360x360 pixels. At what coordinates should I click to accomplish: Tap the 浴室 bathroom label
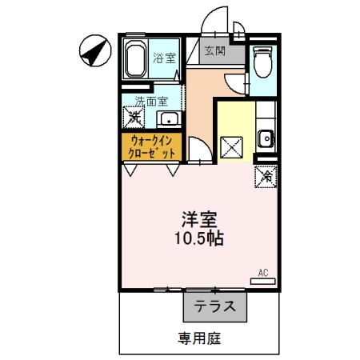click(x=164, y=58)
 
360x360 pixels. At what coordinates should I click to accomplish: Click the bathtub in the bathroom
click(x=135, y=58)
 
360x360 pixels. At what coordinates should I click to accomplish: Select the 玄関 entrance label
click(x=214, y=51)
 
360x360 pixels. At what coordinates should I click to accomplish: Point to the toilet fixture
click(x=262, y=61)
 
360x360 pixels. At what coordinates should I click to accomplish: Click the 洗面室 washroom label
click(x=150, y=102)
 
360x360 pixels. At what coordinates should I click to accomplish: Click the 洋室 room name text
click(x=198, y=218)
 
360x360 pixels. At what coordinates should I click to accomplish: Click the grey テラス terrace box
click(x=214, y=306)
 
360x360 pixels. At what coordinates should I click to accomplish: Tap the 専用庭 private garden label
click(x=200, y=338)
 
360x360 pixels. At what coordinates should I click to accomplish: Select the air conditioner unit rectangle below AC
click(x=263, y=281)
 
